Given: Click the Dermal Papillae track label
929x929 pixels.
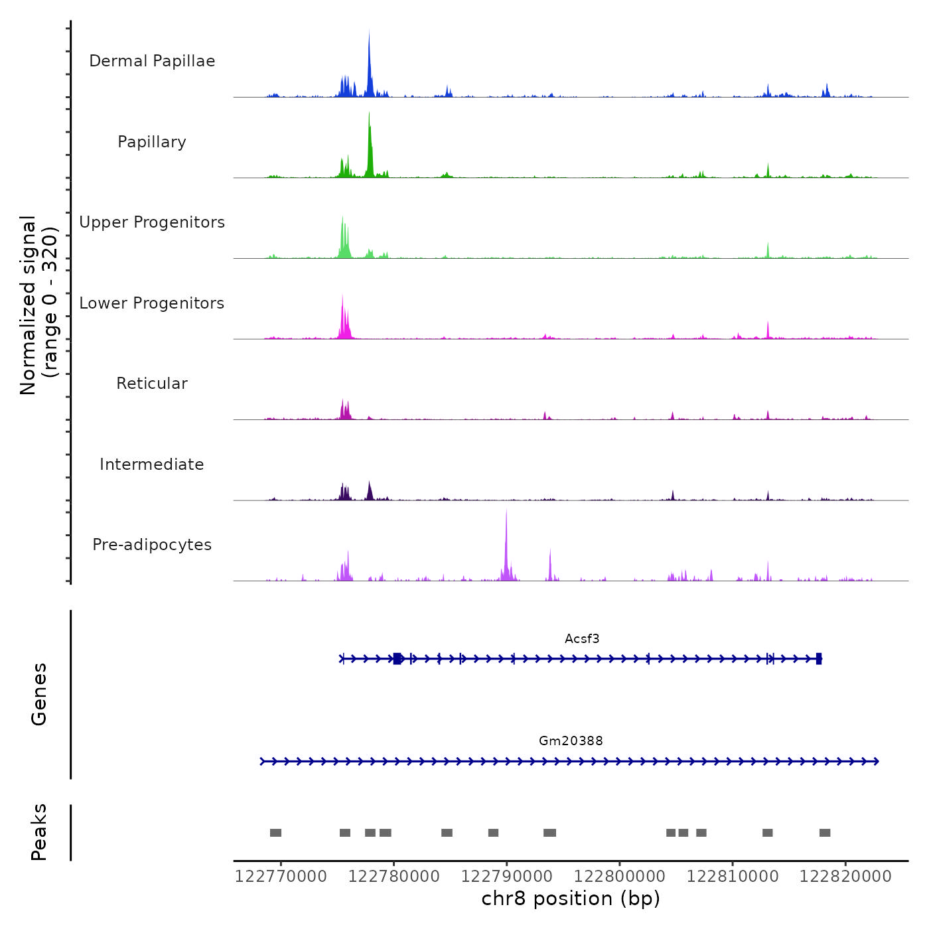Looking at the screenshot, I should pos(152,61).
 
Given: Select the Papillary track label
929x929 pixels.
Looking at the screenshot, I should pos(152,142).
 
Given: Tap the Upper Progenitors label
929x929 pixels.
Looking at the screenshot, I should pos(152,222).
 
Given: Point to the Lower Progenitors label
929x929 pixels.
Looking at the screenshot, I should pos(152,303).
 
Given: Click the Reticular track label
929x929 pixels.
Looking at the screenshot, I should pos(152,384).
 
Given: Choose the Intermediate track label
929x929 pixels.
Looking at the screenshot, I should pos(152,464).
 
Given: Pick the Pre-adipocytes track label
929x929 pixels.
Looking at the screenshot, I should pos(152,545).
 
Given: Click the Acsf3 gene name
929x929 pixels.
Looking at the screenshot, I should pos(582,639).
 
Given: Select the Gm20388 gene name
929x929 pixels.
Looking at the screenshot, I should pos(571,741).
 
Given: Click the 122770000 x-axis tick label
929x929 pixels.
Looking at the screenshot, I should pos(281,877).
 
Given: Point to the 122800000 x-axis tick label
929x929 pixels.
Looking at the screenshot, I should pos(620,877).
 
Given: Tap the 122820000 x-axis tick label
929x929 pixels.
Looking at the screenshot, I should pos(845,877).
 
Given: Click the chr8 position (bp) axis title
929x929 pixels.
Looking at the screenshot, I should pos(571,898).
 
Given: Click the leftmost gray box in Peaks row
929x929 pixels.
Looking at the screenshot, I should pos(275,833).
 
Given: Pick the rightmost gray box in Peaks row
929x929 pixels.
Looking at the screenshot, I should pos(825,833).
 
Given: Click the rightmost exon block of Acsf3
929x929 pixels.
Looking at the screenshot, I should pos(819,658).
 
